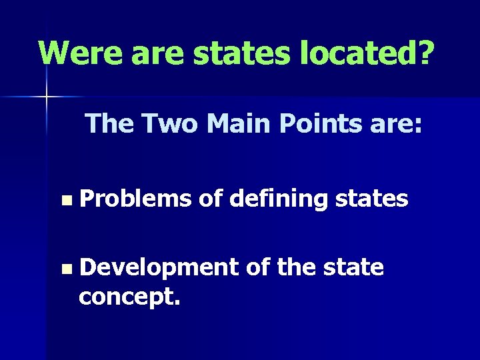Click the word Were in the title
tap(79, 52)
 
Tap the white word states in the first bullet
tap(371, 199)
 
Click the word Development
tap(159, 268)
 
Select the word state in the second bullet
tap(353, 267)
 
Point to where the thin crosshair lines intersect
tap(46, 97)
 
